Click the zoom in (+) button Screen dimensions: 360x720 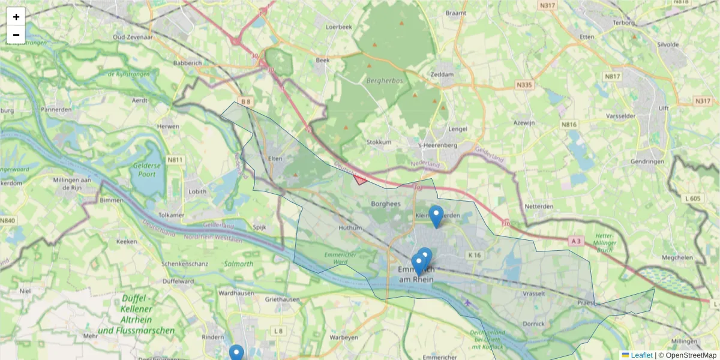(x=16, y=17)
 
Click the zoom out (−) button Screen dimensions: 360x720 (x=16, y=35)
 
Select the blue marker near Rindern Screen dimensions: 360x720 (x=236, y=353)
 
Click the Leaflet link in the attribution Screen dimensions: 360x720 (x=641, y=355)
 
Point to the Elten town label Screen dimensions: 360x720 (x=275, y=159)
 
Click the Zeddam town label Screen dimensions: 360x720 (x=442, y=74)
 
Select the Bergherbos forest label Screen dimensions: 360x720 (x=383, y=80)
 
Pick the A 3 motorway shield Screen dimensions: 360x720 (x=576, y=241)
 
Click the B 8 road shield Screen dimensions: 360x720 (x=245, y=101)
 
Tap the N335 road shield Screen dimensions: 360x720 (x=524, y=85)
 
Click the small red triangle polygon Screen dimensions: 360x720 (x=360, y=179)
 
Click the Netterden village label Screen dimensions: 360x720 (x=539, y=206)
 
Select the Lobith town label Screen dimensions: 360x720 (x=197, y=192)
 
